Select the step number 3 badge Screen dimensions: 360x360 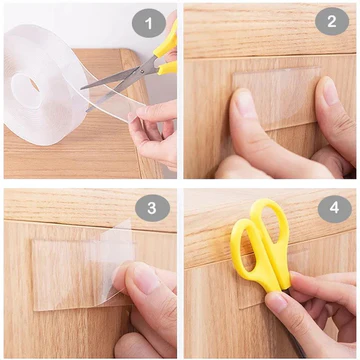coord(151,208)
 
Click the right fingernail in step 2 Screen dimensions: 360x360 coord(330,92)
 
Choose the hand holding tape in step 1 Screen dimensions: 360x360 coord(150,125)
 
